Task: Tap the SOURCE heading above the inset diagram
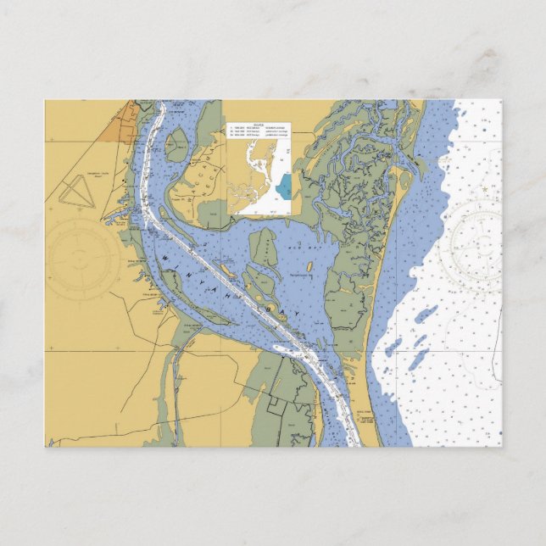pyautogui.click(x=259, y=129)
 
